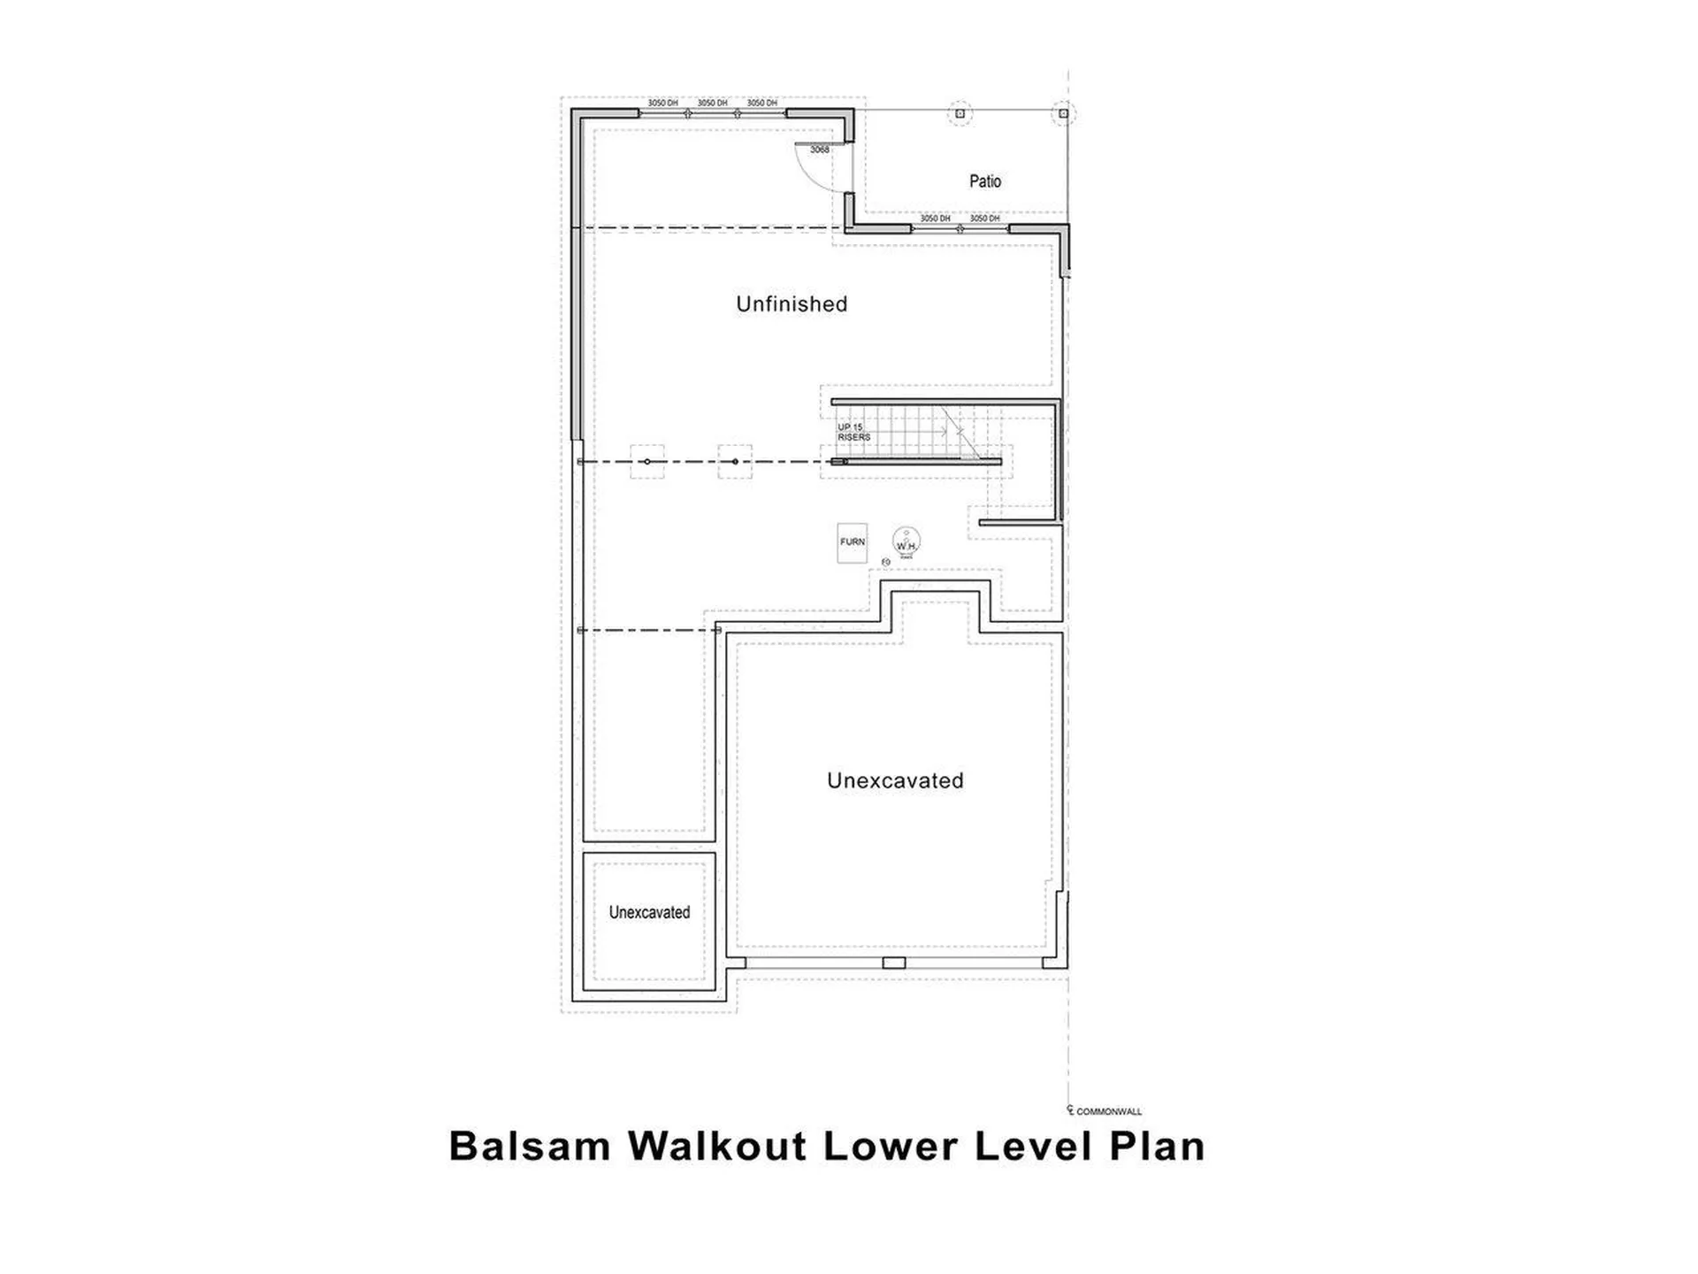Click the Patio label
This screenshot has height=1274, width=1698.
coord(984,181)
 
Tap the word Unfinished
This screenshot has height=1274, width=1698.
coord(792,304)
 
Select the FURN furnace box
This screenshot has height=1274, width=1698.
coord(853,542)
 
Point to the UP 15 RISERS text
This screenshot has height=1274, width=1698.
coord(853,433)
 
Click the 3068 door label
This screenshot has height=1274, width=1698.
coord(820,150)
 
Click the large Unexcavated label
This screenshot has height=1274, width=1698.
coord(895,780)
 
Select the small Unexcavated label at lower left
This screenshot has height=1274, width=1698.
coord(649,912)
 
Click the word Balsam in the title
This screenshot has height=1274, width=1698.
coord(530,1146)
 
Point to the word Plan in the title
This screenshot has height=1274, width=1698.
coord(1157,1146)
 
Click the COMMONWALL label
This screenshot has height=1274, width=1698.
coord(1108,1111)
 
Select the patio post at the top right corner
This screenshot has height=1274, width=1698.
coord(1064,113)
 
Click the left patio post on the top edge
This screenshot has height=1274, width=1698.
coord(960,113)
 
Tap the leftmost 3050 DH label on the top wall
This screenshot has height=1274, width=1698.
coord(662,104)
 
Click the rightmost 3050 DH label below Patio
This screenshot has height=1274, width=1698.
coord(984,219)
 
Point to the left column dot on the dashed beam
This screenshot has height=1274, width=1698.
coord(647,462)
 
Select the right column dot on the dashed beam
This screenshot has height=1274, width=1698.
coord(735,462)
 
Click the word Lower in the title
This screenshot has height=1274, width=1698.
coord(891,1146)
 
